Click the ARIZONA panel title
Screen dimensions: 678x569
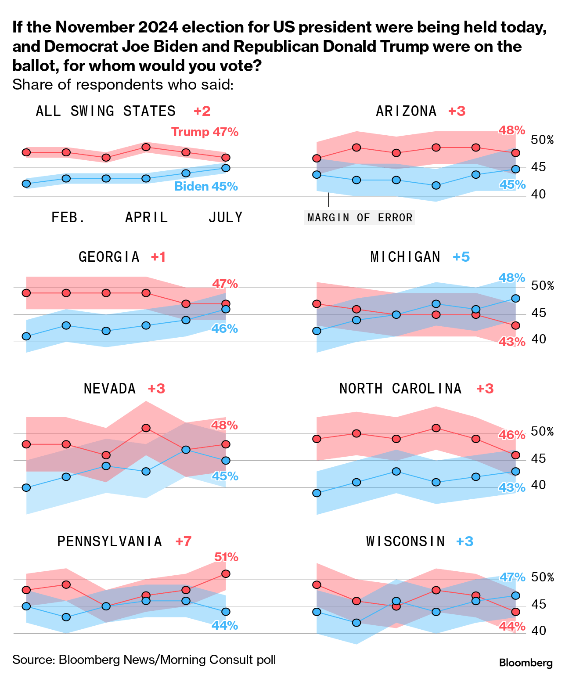406,111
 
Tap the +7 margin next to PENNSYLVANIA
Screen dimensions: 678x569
184,541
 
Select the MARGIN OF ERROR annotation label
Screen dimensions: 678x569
360,218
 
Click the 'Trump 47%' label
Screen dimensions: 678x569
205,132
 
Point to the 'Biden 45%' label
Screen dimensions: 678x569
206,186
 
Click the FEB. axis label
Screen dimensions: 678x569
68,217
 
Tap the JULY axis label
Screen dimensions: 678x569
225,217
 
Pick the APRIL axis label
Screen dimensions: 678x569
147,217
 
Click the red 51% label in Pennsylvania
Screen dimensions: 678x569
226,557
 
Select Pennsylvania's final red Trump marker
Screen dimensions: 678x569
226,573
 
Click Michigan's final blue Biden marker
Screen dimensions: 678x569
516,298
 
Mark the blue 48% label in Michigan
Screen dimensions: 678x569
512,278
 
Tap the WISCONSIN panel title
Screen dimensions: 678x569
406,541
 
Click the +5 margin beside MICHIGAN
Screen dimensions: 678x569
461,257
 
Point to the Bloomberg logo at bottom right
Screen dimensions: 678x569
526,663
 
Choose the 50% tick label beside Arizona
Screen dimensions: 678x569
542,141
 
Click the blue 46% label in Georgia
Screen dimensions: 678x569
224,328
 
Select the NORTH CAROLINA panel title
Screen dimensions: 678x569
400,389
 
